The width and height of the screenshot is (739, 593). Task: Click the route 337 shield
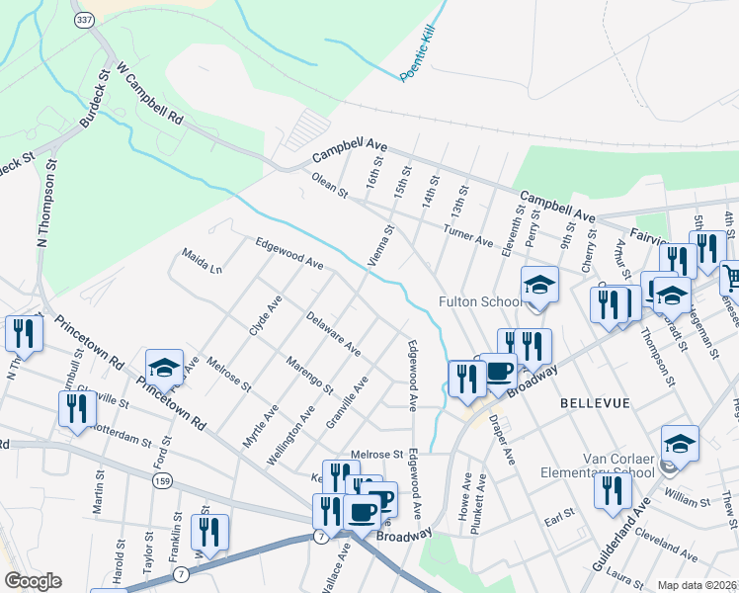85,21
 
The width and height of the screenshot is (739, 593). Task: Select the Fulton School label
480,301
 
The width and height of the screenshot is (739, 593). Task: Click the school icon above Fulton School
540,286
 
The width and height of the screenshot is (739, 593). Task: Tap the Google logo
33,581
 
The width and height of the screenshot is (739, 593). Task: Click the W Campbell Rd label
150,95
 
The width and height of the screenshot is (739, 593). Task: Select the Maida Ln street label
202,261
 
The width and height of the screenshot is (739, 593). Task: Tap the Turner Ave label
467,234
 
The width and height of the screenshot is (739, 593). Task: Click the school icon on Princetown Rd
165,368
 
